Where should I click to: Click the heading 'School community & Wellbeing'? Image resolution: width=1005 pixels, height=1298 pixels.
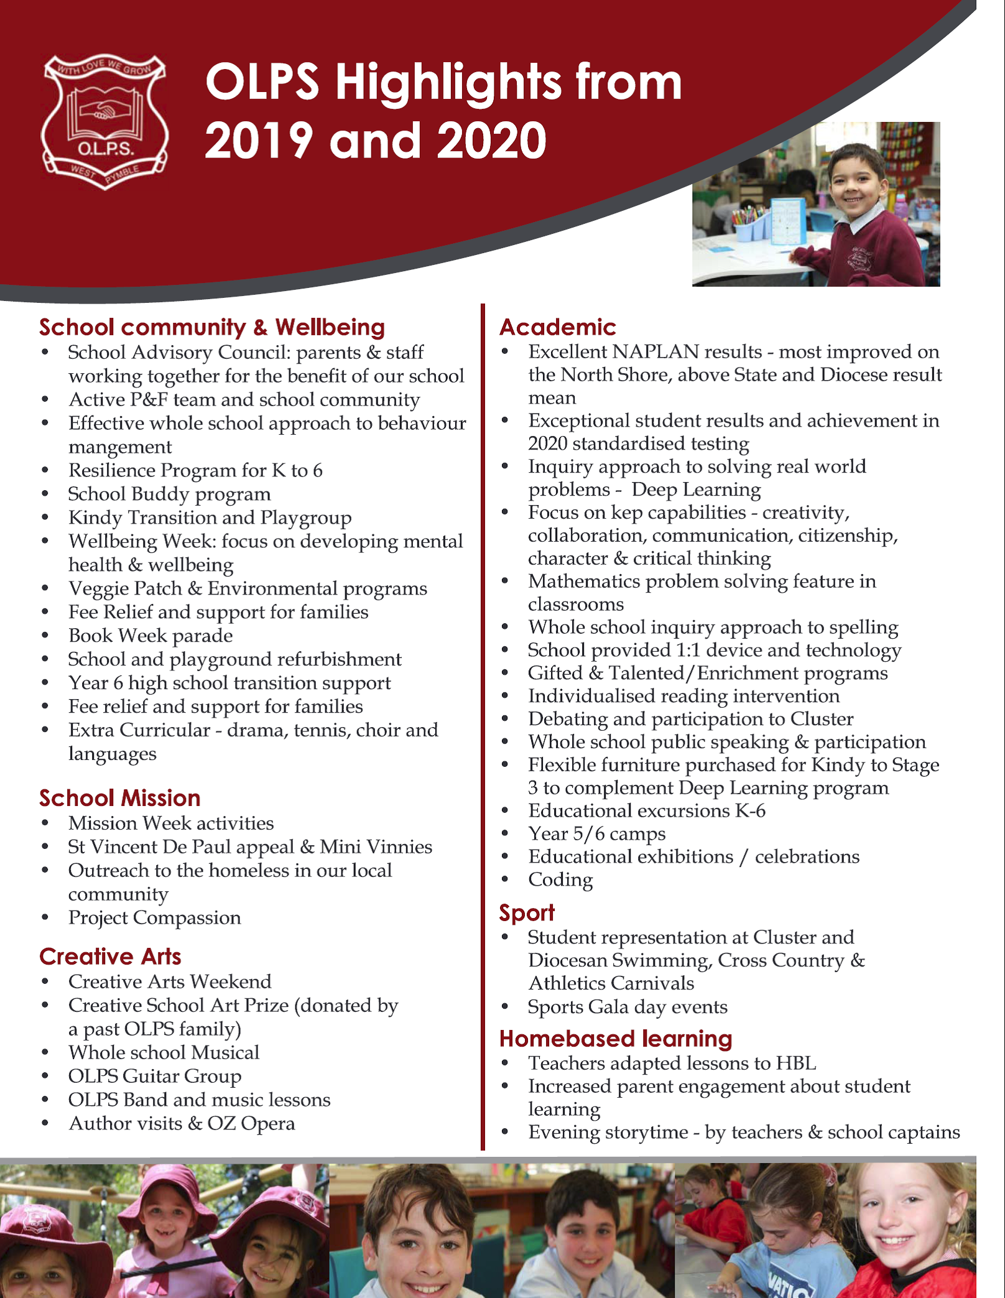pos(211,327)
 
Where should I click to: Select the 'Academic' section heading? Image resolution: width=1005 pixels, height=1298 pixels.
pos(557,327)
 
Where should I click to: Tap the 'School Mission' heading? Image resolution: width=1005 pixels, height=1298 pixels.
pos(119,798)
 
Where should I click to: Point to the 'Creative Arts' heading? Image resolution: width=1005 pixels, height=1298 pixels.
pos(110,957)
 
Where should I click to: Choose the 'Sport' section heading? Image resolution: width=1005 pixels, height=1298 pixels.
pos(526,912)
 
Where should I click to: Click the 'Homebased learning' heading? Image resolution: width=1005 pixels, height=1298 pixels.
pos(615,1039)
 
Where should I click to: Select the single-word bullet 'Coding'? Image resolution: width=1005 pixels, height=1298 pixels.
pos(560,880)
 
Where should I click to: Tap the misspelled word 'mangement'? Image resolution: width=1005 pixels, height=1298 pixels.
pos(120,447)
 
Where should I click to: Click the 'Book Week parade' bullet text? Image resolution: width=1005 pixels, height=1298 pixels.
pos(151,636)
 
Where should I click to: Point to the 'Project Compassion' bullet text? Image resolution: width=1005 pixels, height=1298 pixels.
pos(154,918)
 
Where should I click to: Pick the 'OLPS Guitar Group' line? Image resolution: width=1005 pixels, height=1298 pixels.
pos(154,1076)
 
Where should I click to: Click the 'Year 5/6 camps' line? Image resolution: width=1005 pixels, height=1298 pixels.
pos(596,834)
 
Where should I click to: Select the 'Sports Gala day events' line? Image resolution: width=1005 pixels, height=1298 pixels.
pos(627,1007)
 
